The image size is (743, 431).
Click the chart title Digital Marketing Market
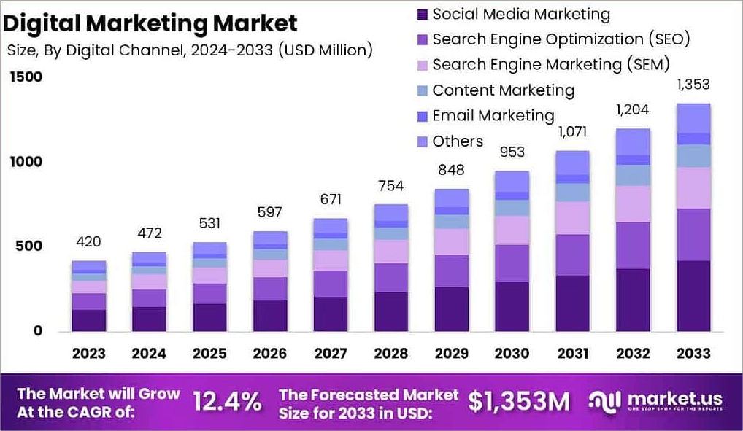[150, 23]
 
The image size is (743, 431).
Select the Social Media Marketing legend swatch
[422, 14]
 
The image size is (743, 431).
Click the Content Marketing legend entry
[503, 90]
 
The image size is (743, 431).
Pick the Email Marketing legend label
[493, 116]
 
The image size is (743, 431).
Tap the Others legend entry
[457, 141]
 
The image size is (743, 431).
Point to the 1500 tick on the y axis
[26, 77]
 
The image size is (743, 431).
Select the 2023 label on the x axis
[88, 354]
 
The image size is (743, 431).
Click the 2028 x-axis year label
[390, 354]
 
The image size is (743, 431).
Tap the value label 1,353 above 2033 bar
[693, 85]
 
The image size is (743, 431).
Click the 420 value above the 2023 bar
[88, 242]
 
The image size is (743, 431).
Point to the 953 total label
[512, 152]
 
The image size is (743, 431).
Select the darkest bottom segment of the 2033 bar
[693, 295]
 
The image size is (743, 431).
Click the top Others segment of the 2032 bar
[633, 141]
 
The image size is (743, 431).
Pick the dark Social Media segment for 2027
[330, 314]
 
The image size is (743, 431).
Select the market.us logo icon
[604, 400]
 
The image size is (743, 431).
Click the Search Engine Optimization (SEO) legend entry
[561, 39]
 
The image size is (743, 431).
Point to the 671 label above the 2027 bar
[330, 200]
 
